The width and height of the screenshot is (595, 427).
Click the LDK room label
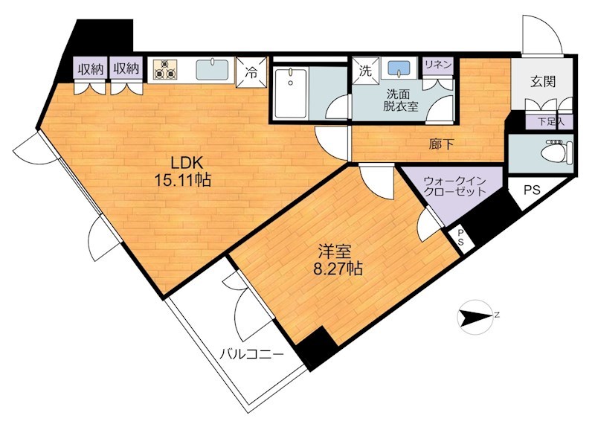coord(186,163)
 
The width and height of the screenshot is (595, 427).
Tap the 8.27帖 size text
coord(338,269)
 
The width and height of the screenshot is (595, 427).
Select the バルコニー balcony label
coord(252,355)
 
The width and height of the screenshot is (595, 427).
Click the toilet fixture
coord(556,152)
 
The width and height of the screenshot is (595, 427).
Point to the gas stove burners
coord(165,69)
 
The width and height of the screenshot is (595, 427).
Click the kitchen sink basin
coord(212,69)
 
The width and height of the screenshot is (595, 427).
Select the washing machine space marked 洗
coord(365,71)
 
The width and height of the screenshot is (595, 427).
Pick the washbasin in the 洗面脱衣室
coord(399,69)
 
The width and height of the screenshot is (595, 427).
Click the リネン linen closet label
coord(438,65)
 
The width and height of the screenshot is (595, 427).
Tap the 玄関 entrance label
coord(543,81)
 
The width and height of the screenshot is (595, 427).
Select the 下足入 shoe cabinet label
coord(551,122)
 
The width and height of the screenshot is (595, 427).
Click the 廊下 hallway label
coord(441,144)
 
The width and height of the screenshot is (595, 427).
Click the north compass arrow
coord(476,316)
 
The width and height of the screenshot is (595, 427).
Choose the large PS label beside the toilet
coord(532,190)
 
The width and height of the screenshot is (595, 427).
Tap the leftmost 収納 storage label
coord(91,69)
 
